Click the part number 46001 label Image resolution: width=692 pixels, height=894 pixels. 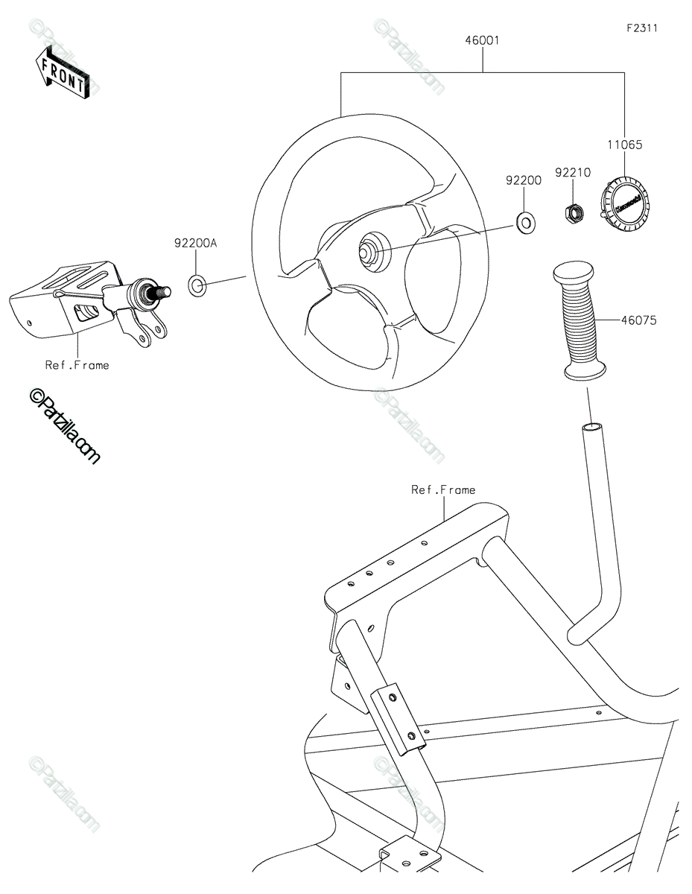482,41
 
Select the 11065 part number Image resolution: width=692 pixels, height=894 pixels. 624,145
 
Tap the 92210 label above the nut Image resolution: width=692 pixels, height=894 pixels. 573,172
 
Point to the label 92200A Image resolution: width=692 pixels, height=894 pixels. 195,243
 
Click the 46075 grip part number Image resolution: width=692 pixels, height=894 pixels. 638,320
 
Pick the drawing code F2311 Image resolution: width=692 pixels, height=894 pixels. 642,28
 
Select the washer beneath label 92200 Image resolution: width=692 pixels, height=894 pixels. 525,223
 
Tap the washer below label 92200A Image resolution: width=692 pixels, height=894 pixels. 197,285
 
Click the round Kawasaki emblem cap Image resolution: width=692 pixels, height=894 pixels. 622,203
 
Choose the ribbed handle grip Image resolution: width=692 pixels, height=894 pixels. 579,320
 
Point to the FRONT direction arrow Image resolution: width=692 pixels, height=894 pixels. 62,73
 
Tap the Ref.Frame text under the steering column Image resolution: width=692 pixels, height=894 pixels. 77,365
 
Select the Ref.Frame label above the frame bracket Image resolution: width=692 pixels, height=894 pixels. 443,489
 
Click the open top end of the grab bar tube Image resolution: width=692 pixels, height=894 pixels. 591,428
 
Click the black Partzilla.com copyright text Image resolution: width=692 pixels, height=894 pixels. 64,426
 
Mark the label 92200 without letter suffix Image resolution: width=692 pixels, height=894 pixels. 524,180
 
